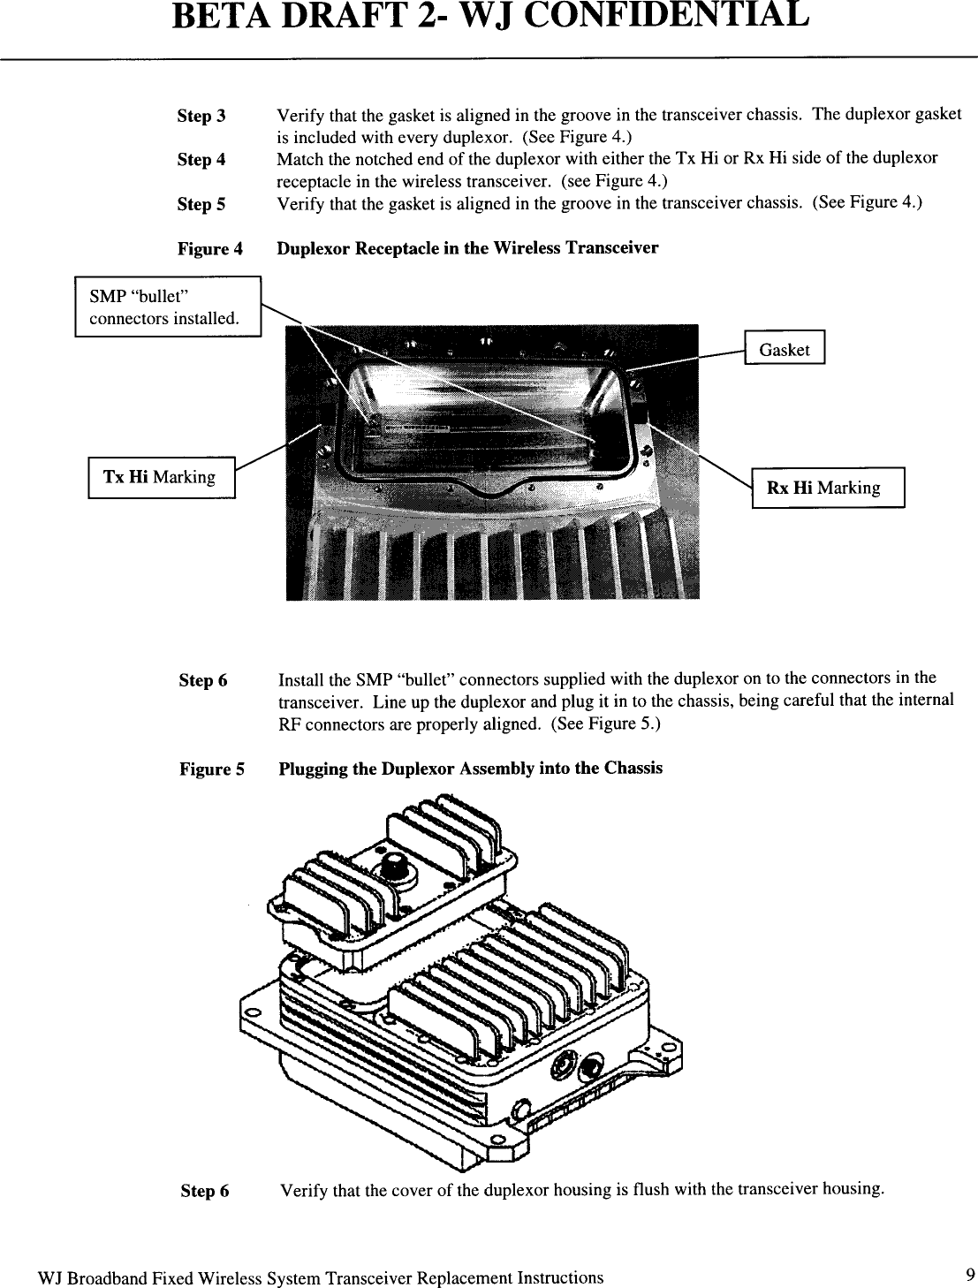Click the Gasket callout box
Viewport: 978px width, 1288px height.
785,347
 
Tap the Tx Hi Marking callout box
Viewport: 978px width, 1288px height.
162,477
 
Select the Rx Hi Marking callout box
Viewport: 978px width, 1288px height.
828,488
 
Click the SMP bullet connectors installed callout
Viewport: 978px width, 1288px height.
168,307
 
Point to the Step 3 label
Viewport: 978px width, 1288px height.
201,116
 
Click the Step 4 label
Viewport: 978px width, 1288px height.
201,160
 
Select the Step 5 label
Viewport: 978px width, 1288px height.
201,204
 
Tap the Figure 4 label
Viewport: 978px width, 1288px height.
210,248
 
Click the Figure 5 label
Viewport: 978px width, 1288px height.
212,769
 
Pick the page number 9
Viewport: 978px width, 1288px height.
970,1275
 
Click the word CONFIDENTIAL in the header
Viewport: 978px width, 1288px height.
669,15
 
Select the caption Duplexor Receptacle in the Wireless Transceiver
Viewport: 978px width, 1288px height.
467,248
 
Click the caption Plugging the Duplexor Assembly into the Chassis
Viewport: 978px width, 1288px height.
470,769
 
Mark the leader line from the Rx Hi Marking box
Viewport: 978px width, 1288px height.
707,456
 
